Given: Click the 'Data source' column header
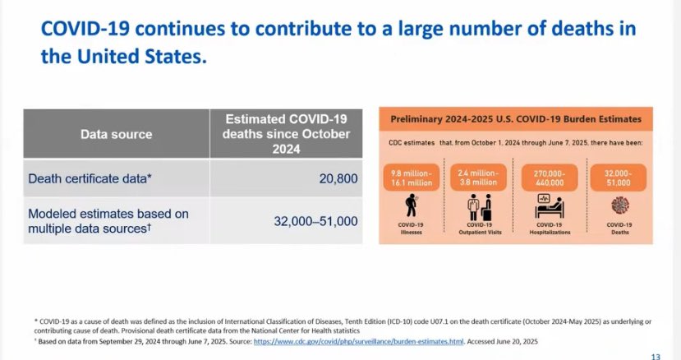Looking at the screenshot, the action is [x=117, y=134].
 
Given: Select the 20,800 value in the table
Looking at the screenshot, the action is [x=338, y=178].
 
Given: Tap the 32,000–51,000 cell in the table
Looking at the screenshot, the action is [x=315, y=221].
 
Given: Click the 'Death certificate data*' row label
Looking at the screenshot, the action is [x=90, y=178].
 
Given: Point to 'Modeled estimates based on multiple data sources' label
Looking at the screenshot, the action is [x=108, y=221].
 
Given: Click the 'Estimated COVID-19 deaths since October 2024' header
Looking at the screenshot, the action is [x=286, y=134].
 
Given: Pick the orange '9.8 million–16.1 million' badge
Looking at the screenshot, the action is [x=412, y=178].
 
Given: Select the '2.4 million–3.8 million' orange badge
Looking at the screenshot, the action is [x=478, y=178].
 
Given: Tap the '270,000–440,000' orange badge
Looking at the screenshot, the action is [x=550, y=178].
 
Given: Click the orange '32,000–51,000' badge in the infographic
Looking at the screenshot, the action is [x=618, y=178].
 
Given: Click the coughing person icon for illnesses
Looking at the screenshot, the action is [x=411, y=205].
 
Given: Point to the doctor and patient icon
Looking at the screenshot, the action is [x=480, y=207].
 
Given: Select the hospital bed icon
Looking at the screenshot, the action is [x=550, y=206].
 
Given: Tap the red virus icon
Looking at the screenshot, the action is [x=619, y=205].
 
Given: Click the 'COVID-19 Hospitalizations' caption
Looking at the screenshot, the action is [x=550, y=228].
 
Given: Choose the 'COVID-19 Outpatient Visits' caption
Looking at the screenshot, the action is [x=480, y=228].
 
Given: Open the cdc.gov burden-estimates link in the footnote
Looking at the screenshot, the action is [x=358, y=341].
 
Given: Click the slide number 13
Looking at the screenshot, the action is [x=656, y=357].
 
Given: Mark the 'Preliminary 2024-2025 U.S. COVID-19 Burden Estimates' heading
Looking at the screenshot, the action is [x=516, y=119].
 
